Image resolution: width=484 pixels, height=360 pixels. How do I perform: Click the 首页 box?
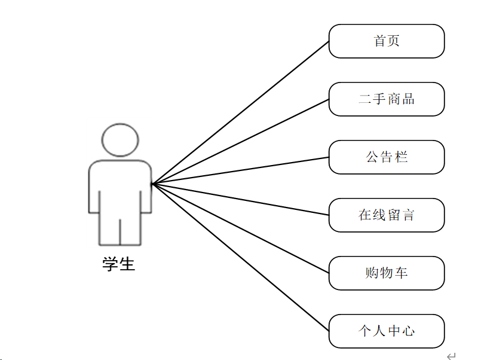coord(387,41)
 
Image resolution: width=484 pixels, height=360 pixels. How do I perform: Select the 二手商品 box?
coord(387,99)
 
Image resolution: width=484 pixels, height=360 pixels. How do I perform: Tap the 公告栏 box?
coord(387,157)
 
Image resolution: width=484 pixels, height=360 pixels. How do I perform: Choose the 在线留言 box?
coord(387,215)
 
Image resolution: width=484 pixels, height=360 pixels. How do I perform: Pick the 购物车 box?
coord(387,273)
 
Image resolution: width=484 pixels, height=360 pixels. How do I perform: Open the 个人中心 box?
coord(387,331)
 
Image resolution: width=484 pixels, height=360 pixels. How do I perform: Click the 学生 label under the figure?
coord(119,264)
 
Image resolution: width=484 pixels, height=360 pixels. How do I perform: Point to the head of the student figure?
coord(120,139)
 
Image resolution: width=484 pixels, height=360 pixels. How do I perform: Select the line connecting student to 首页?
coord(240,112)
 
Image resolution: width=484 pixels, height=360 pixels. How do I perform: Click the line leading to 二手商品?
coord(240,142)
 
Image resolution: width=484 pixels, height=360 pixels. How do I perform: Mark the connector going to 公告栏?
coord(240,170)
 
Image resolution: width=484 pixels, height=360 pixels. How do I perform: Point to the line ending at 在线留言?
coord(240,200)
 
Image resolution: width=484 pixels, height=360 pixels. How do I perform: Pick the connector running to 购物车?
coord(240,228)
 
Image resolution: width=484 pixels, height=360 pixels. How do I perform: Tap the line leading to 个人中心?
coord(240,258)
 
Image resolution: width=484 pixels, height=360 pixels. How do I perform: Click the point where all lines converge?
coord(152,184)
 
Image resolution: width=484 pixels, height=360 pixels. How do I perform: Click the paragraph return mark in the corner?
coord(451,355)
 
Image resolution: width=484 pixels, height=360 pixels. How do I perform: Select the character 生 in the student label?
coord(127,264)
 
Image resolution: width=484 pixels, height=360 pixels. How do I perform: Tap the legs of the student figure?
coord(120,230)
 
